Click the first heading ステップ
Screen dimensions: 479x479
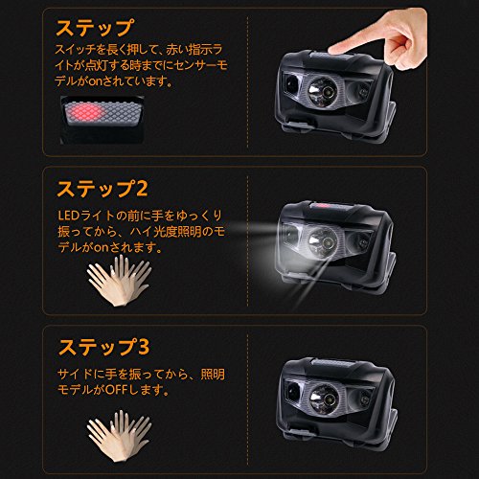coord(95,28)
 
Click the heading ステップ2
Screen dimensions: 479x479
coord(103,189)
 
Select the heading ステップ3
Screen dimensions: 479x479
coord(103,347)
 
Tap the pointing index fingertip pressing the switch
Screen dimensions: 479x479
coord(333,50)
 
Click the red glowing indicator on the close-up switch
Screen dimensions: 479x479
coord(84,112)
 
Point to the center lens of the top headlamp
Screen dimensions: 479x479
coord(323,91)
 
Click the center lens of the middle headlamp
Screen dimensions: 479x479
coord(323,241)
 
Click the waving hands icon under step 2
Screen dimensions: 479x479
coord(119,280)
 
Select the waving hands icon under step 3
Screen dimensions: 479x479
coord(119,436)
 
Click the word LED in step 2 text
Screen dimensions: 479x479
coord(68,216)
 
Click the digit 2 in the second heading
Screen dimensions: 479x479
coord(142,189)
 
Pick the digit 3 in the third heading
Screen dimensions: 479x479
coord(144,347)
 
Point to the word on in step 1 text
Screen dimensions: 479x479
coord(96,81)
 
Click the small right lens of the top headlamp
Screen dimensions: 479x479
coord(362,91)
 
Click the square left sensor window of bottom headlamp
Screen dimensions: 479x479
coord(291,391)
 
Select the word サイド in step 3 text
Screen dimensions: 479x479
coord(76,374)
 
